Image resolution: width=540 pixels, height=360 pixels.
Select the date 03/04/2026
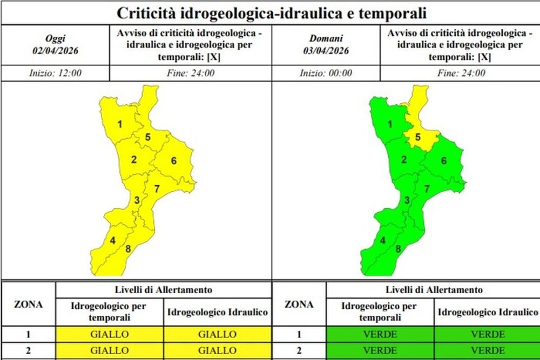click(x=326, y=51)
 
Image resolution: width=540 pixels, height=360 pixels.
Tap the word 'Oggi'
click(x=55, y=38)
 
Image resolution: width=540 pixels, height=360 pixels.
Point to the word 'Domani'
click(x=326, y=38)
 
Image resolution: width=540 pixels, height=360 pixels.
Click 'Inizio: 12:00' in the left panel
click(x=55, y=73)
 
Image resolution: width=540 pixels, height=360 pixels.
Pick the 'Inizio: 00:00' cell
click(x=326, y=73)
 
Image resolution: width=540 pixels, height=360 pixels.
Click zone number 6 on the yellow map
click(x=174, y=160)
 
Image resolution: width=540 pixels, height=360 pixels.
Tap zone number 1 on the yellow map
click(x=119, y=125)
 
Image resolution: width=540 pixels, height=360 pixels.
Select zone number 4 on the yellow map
click(x=113, y=240)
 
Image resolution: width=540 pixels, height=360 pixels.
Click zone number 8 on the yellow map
click(x=128, y=249)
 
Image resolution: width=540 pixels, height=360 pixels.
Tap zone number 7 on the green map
click(x=427, y=189)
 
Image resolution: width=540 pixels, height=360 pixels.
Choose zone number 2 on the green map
click(x=403, y=159)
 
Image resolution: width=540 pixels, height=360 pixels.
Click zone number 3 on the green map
click(x=407, y=201)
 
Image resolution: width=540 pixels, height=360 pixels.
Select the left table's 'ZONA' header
click(x=28, y=304)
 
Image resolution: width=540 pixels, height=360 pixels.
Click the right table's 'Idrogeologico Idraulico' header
click(x=488, y=312)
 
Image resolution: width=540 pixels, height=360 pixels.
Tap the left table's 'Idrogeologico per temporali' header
click(x=109, y=312)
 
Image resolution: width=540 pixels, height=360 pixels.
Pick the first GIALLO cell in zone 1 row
click(x=109, y=335)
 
